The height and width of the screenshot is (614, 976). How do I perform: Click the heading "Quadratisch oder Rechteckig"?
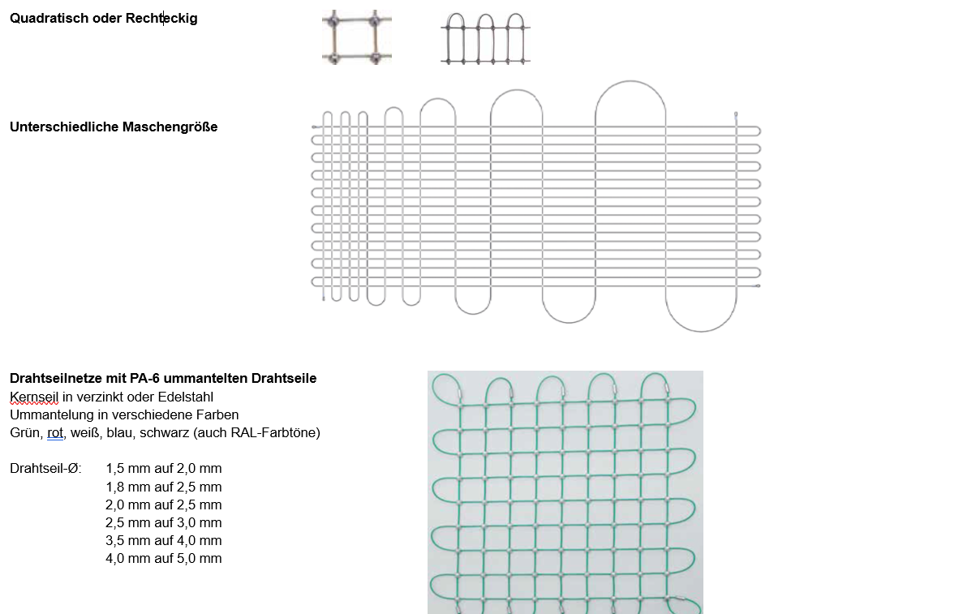103,18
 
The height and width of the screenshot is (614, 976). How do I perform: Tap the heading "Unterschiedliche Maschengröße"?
114,127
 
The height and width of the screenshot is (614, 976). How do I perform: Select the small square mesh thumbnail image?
356,37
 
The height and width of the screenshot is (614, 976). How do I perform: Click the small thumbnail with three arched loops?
485,38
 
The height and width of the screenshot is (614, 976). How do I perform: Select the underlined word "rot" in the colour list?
55,432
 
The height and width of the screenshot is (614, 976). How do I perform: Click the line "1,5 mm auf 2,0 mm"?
163,468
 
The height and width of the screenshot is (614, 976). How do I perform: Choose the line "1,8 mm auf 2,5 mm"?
163,487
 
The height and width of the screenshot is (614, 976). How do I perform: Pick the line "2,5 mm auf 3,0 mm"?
163,522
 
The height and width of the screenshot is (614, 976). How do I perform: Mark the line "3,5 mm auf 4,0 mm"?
163,540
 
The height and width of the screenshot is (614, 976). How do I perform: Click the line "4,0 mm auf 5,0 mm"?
163,558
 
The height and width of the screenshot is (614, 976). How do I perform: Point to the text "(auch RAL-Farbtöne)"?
257,432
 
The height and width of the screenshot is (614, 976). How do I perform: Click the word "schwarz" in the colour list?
165,432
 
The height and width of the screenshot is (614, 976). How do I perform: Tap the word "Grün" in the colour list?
24,432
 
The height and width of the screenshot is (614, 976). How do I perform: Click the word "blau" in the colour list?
120,432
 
